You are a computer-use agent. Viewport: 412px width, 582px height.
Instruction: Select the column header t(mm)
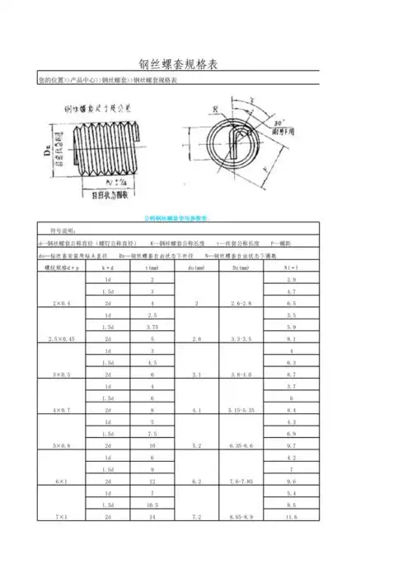(x=152, y=268)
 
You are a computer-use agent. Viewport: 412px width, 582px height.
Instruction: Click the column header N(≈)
(x=290, y=268)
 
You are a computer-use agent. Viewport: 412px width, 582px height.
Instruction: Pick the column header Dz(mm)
(x=241, y=268)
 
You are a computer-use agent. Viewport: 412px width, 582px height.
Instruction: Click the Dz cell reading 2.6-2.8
(x=241, y=304)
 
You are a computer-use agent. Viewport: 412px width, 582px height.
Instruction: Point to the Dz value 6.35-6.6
(x=241, y=445)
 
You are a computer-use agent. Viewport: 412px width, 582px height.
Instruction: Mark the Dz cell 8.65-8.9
(x=241, y=516)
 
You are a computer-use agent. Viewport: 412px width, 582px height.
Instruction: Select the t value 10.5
(x=152, y=505)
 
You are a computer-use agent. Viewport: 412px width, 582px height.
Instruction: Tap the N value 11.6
(x=290, y=516)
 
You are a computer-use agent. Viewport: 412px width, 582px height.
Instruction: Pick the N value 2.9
(x=290, y=281)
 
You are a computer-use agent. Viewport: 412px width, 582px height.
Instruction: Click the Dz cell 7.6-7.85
(x=241, y=481)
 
